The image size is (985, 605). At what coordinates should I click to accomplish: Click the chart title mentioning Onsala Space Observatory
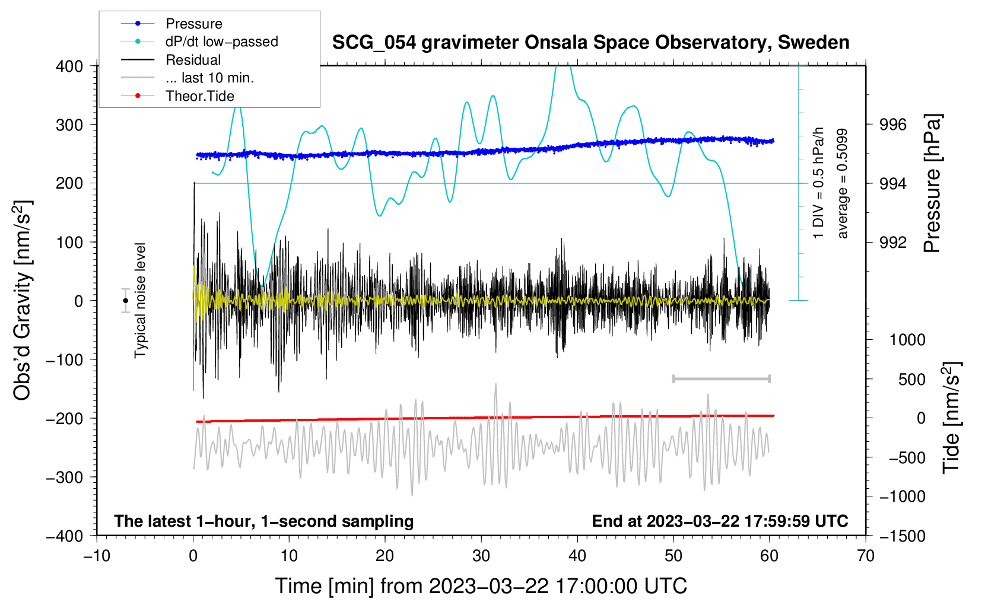click(x=590, y=43)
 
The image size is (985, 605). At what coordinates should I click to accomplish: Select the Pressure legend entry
click(x=193, y=24)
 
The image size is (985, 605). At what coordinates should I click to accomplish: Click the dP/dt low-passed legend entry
click(x=221, y=42)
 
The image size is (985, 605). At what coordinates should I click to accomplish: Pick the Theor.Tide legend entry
click(x=199, y=96)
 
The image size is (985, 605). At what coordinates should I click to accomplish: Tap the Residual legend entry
click(x=193, y=60)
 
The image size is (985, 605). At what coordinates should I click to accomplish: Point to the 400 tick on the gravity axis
click(x=69, y=66)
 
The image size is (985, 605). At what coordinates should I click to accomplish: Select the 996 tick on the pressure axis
click(x=893, y=125)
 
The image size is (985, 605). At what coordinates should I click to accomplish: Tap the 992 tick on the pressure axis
click(x=893, y=242)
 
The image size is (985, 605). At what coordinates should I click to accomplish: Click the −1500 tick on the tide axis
click(x=902, y=536)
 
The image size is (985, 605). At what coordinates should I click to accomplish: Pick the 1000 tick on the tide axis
click(x=907, y=340)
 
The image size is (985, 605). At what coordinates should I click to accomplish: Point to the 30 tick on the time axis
click(x=481, y=556)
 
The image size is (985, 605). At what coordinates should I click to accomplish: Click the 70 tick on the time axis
click(x=866, y=556)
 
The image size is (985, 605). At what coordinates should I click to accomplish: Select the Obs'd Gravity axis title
click(x=23, y=301)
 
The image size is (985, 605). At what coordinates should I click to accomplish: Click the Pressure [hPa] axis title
click(x=932, y=184)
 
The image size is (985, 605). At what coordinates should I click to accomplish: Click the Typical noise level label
click(x=140, y=301)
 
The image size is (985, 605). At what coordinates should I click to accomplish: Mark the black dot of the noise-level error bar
click(x=126, y=301)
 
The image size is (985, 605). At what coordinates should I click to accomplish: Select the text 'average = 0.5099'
click(x=842, y=184)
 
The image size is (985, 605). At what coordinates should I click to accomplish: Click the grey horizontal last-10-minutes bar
click(x=721, y=378)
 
